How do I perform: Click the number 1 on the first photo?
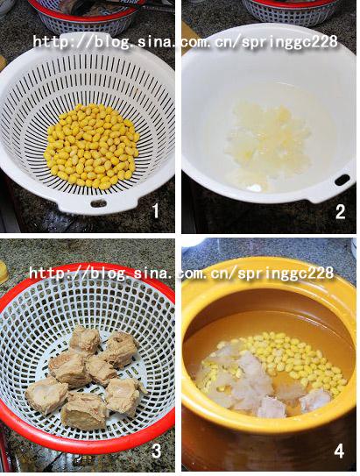tap(155, 210)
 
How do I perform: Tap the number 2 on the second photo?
tap(340, 211)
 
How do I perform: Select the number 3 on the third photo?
tap(157, 451)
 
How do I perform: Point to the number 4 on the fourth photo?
tap(339, 451)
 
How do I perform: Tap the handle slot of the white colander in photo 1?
tap(99, 203)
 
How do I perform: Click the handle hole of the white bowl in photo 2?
tap(342, 180)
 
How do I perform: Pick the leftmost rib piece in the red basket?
tap(46, 394)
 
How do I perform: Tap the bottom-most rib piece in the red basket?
tap(84, 410)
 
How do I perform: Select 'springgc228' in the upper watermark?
tap(290, 42)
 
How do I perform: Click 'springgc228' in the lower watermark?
tap(286, 274)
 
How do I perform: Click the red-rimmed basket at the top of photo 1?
tap(87, 14)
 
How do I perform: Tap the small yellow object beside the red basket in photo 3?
tap(4, 272)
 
